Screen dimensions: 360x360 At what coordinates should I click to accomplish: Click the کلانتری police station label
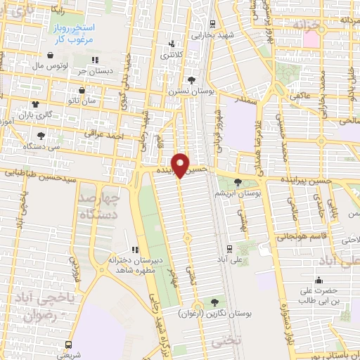coord(172,53)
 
